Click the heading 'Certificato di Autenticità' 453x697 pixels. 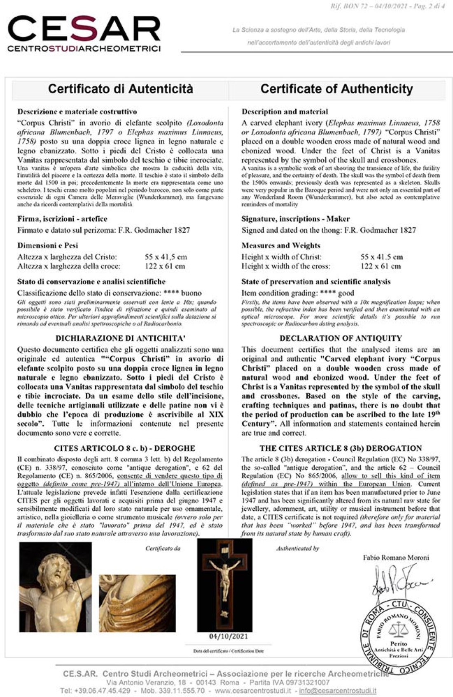pyautogui.click(x=120, y=89)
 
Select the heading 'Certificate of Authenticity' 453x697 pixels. pyautogui.click(x=336, y=89)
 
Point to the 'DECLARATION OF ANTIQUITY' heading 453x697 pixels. pyautogui.click(x=341, y=338)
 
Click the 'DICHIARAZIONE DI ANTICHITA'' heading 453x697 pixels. pyautogui.click(x=120, y=338)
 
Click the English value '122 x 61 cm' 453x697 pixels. pyautogui.click(x=381, y=266)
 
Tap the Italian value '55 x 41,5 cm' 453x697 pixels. pyautogui.click(x=166, y=257)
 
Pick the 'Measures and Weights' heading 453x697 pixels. pyautogui.click(x=281, y=245)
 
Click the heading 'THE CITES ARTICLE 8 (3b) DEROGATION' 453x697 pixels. pyautogui.click(x=341, y=448)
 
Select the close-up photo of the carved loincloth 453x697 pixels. pyautogui.click(x=137, y=603)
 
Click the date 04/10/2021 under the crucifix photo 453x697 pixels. pyautogui.click(x=228, y=636)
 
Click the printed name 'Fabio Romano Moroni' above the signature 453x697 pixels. pyautogui.click(x=395, y=558)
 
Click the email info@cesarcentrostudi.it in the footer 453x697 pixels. pyautogui.click(x=338, y=690)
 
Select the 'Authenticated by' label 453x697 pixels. pyautogui.click(x=297, y=548)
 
